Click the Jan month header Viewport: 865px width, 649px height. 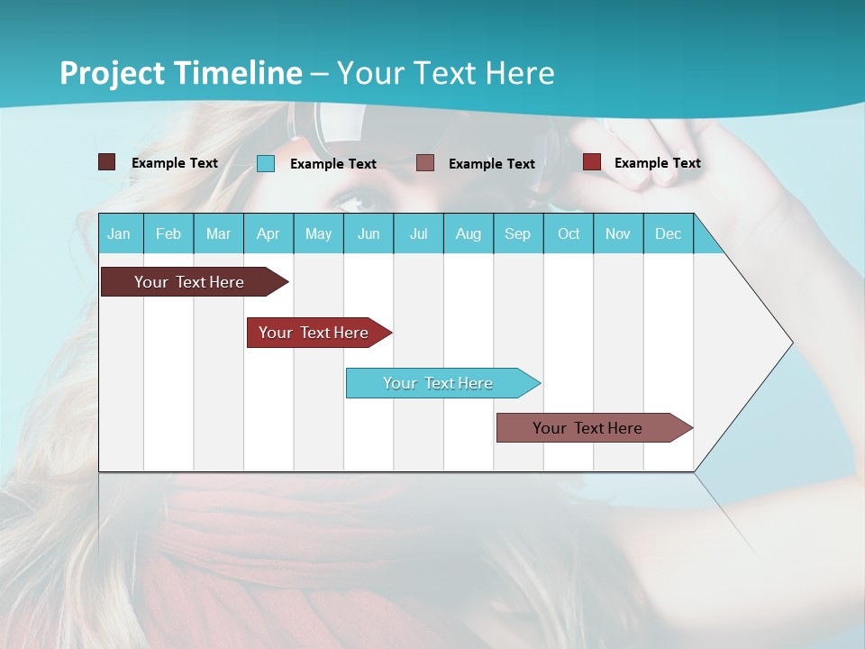120,233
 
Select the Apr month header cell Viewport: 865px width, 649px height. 269,233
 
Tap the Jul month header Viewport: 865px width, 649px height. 418,233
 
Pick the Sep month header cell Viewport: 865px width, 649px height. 518,233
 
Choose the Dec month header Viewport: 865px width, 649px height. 668,233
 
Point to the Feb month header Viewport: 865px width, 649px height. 168,233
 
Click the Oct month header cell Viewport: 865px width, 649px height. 568,233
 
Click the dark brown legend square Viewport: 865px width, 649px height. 106,162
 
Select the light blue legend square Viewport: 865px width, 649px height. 266,163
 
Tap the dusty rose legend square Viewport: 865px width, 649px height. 425,162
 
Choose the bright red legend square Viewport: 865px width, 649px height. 592,162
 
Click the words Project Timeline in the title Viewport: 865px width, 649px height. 180,73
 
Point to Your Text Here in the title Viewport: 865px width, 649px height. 446,73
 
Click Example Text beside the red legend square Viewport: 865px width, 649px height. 657,163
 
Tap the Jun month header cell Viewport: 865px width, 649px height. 369,233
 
